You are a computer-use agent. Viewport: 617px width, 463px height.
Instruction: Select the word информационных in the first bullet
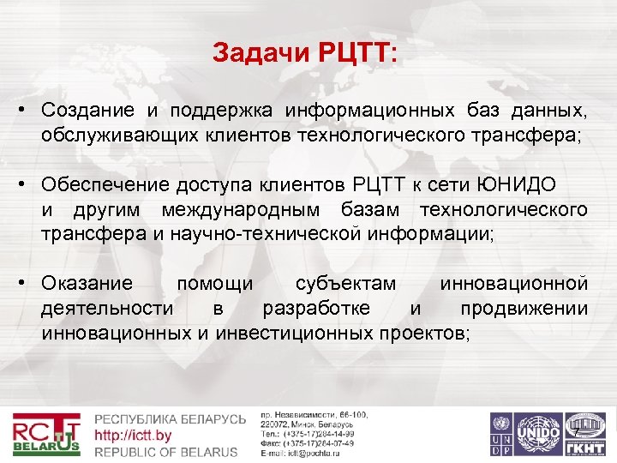pos(370,111)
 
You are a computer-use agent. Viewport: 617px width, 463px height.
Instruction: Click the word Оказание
pos(87,284)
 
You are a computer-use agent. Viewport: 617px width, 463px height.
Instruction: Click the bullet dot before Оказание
pos(28,284)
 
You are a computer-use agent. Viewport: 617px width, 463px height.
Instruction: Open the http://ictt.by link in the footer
pos(133,435)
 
